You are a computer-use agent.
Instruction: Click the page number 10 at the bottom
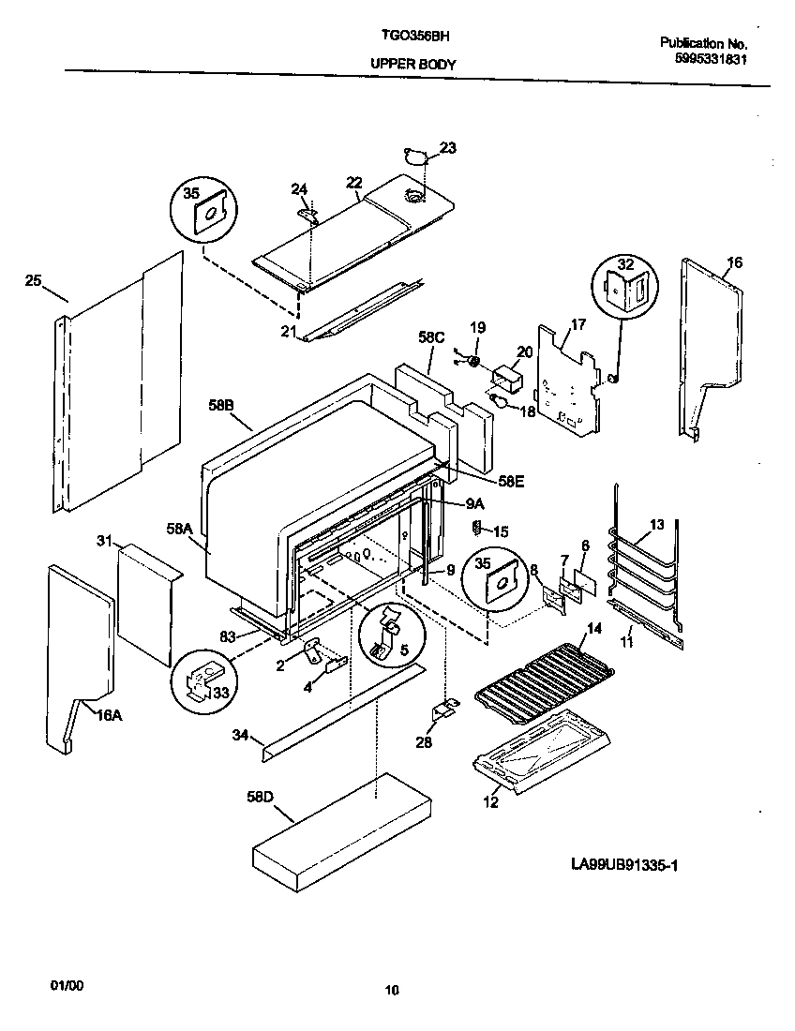[392, 990]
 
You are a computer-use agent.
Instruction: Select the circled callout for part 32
[622, 286]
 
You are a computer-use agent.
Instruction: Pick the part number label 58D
[260, 797]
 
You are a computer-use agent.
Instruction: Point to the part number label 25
[33, 281]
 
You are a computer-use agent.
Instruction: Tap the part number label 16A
[108, 716]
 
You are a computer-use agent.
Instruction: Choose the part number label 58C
[431, 336]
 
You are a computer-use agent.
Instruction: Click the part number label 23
[448, 147]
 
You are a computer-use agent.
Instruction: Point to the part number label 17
[577, 325]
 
